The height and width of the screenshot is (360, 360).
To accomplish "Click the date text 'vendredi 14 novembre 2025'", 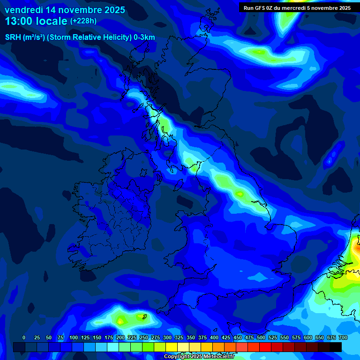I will [65, 10].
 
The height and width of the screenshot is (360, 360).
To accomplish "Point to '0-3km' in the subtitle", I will [144, 37].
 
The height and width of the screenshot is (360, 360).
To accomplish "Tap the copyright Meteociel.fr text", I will [199, 357].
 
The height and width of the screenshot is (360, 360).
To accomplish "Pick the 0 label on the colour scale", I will [24, 337].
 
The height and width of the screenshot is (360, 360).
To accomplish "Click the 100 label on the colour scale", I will [74, 337].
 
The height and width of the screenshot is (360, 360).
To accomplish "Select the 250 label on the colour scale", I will [144, 337].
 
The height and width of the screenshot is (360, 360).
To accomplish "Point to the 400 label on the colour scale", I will [214, 337].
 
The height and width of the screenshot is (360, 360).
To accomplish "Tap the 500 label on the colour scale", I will [261, 337].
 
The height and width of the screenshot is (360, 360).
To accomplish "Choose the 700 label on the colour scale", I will [343, 337].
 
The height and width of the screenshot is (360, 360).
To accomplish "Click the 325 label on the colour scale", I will [179, 337].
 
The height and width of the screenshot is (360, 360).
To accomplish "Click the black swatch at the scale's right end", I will [335, 347].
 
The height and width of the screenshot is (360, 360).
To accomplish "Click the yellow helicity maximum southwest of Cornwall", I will [120, 321].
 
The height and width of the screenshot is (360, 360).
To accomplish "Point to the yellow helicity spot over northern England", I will [240, 194].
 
